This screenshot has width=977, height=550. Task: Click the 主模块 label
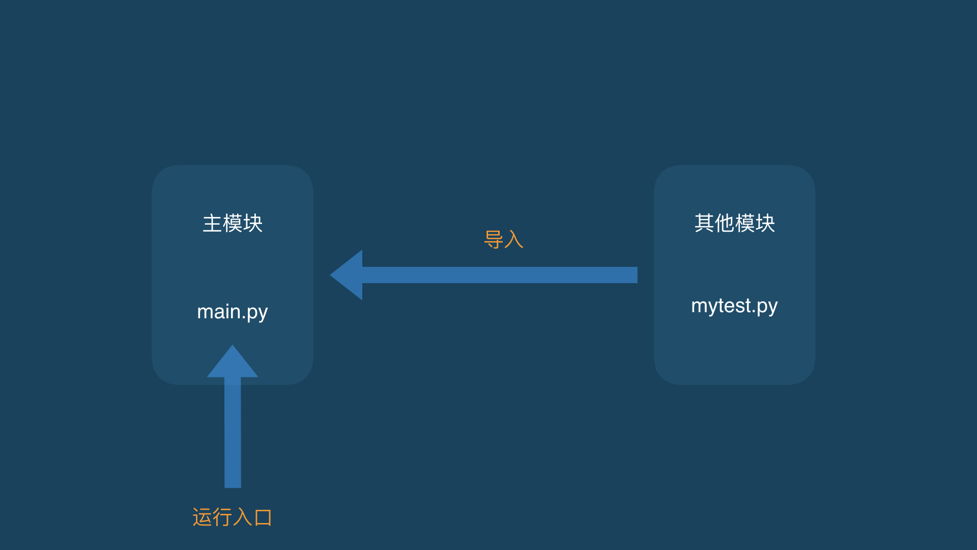click(233, 223)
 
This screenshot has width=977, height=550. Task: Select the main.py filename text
click(233, 312)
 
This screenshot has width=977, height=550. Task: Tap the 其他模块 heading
click(735, 223)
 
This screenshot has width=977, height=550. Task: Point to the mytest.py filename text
click(734, 306)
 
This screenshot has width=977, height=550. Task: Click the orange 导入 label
click(504, 239)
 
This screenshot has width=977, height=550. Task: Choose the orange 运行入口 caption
click(233, 517)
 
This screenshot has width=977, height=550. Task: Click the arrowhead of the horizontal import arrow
click(347, 275)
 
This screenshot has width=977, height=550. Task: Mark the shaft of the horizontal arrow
click(500, 275)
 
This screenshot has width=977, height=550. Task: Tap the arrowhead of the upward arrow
click(233, 361)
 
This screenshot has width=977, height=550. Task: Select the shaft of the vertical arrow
click(233, 432)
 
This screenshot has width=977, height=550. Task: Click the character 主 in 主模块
click(212, 223)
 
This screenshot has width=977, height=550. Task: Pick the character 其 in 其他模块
click(704, 223)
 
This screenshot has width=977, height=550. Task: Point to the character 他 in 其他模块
click(725, 223)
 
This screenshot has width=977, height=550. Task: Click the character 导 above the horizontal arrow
click(494, 239)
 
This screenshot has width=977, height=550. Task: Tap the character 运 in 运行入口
click(202, 517)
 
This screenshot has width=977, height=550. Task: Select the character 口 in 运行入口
click(263, 517)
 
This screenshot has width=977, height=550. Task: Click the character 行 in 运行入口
click(222, 517)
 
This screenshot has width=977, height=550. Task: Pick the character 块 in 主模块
click(253, 223)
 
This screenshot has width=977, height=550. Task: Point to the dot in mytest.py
click(753, 311)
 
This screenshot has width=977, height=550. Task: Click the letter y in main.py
click(263, 314)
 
